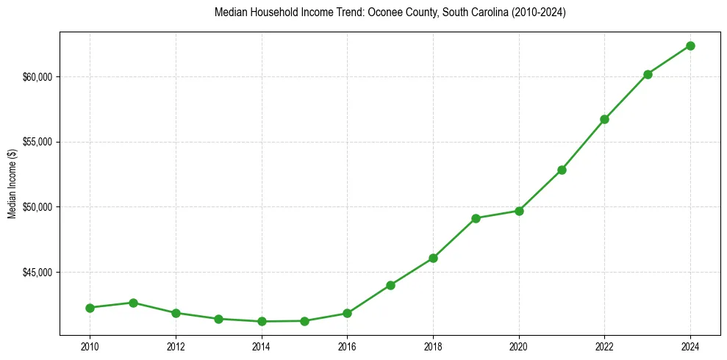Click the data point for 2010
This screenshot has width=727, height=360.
(90, 308)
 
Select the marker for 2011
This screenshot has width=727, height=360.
(133, 303)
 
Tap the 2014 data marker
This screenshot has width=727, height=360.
(262, 321)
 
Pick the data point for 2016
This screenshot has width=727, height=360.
(347, 313)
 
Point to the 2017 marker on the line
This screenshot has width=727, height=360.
(390, 285)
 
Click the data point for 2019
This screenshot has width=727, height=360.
(476, 218)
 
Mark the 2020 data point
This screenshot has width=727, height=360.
(519, 211)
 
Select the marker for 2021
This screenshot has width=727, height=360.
(562, 170)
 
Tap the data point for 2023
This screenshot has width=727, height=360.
(648, 74)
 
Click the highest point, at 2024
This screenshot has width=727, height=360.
(690, 46)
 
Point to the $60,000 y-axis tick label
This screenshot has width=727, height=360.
(36, 77)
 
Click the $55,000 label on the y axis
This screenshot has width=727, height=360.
(36, 142)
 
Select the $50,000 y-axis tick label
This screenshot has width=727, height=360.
(36, 207)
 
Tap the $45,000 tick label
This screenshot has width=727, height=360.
(36, 273)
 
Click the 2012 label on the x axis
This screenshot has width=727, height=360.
(176, 345)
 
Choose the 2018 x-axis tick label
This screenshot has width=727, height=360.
(433, 345)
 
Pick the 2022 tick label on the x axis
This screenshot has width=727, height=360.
(604, 345)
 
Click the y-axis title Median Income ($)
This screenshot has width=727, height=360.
(12, 184)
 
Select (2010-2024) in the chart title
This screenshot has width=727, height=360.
(538, 12)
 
